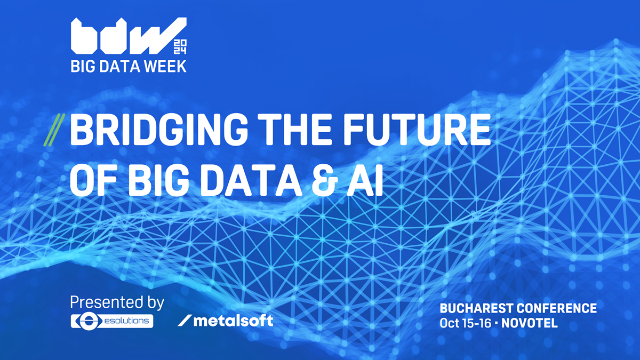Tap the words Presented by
coord(117,302)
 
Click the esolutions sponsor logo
coord(112,321)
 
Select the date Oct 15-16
coord(467,323)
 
